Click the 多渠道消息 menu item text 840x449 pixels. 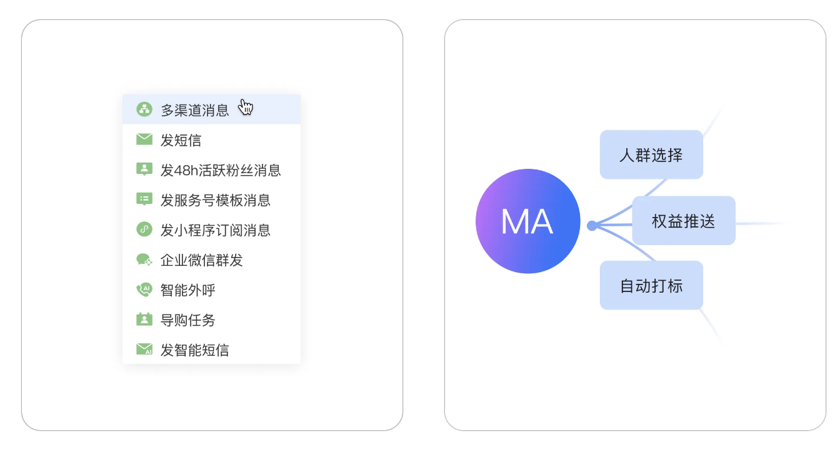point(195,111)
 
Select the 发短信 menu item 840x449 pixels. point(181,140)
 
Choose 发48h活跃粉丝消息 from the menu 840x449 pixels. point(221,170)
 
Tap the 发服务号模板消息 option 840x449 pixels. point(215,200)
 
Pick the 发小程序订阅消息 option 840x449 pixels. point(215,230)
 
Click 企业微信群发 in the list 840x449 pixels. point(201,260)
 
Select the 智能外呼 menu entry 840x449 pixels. point(187,290)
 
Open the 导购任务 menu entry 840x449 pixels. point(187,320)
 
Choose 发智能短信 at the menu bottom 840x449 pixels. point(194,350)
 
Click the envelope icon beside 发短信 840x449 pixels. point(144,139)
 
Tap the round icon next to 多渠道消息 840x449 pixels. point(144,109)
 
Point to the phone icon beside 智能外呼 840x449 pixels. point(144,290)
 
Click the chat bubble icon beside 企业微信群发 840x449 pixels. point(144,260)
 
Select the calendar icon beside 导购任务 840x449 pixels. point(144,319)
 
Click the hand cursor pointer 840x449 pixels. point(246,107)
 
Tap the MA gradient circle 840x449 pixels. point(527,221)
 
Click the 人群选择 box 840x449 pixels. point(651,155)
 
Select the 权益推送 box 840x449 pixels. point(684,221)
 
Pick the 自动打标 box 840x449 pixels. point(651,286)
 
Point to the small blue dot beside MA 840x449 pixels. point(592,225)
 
